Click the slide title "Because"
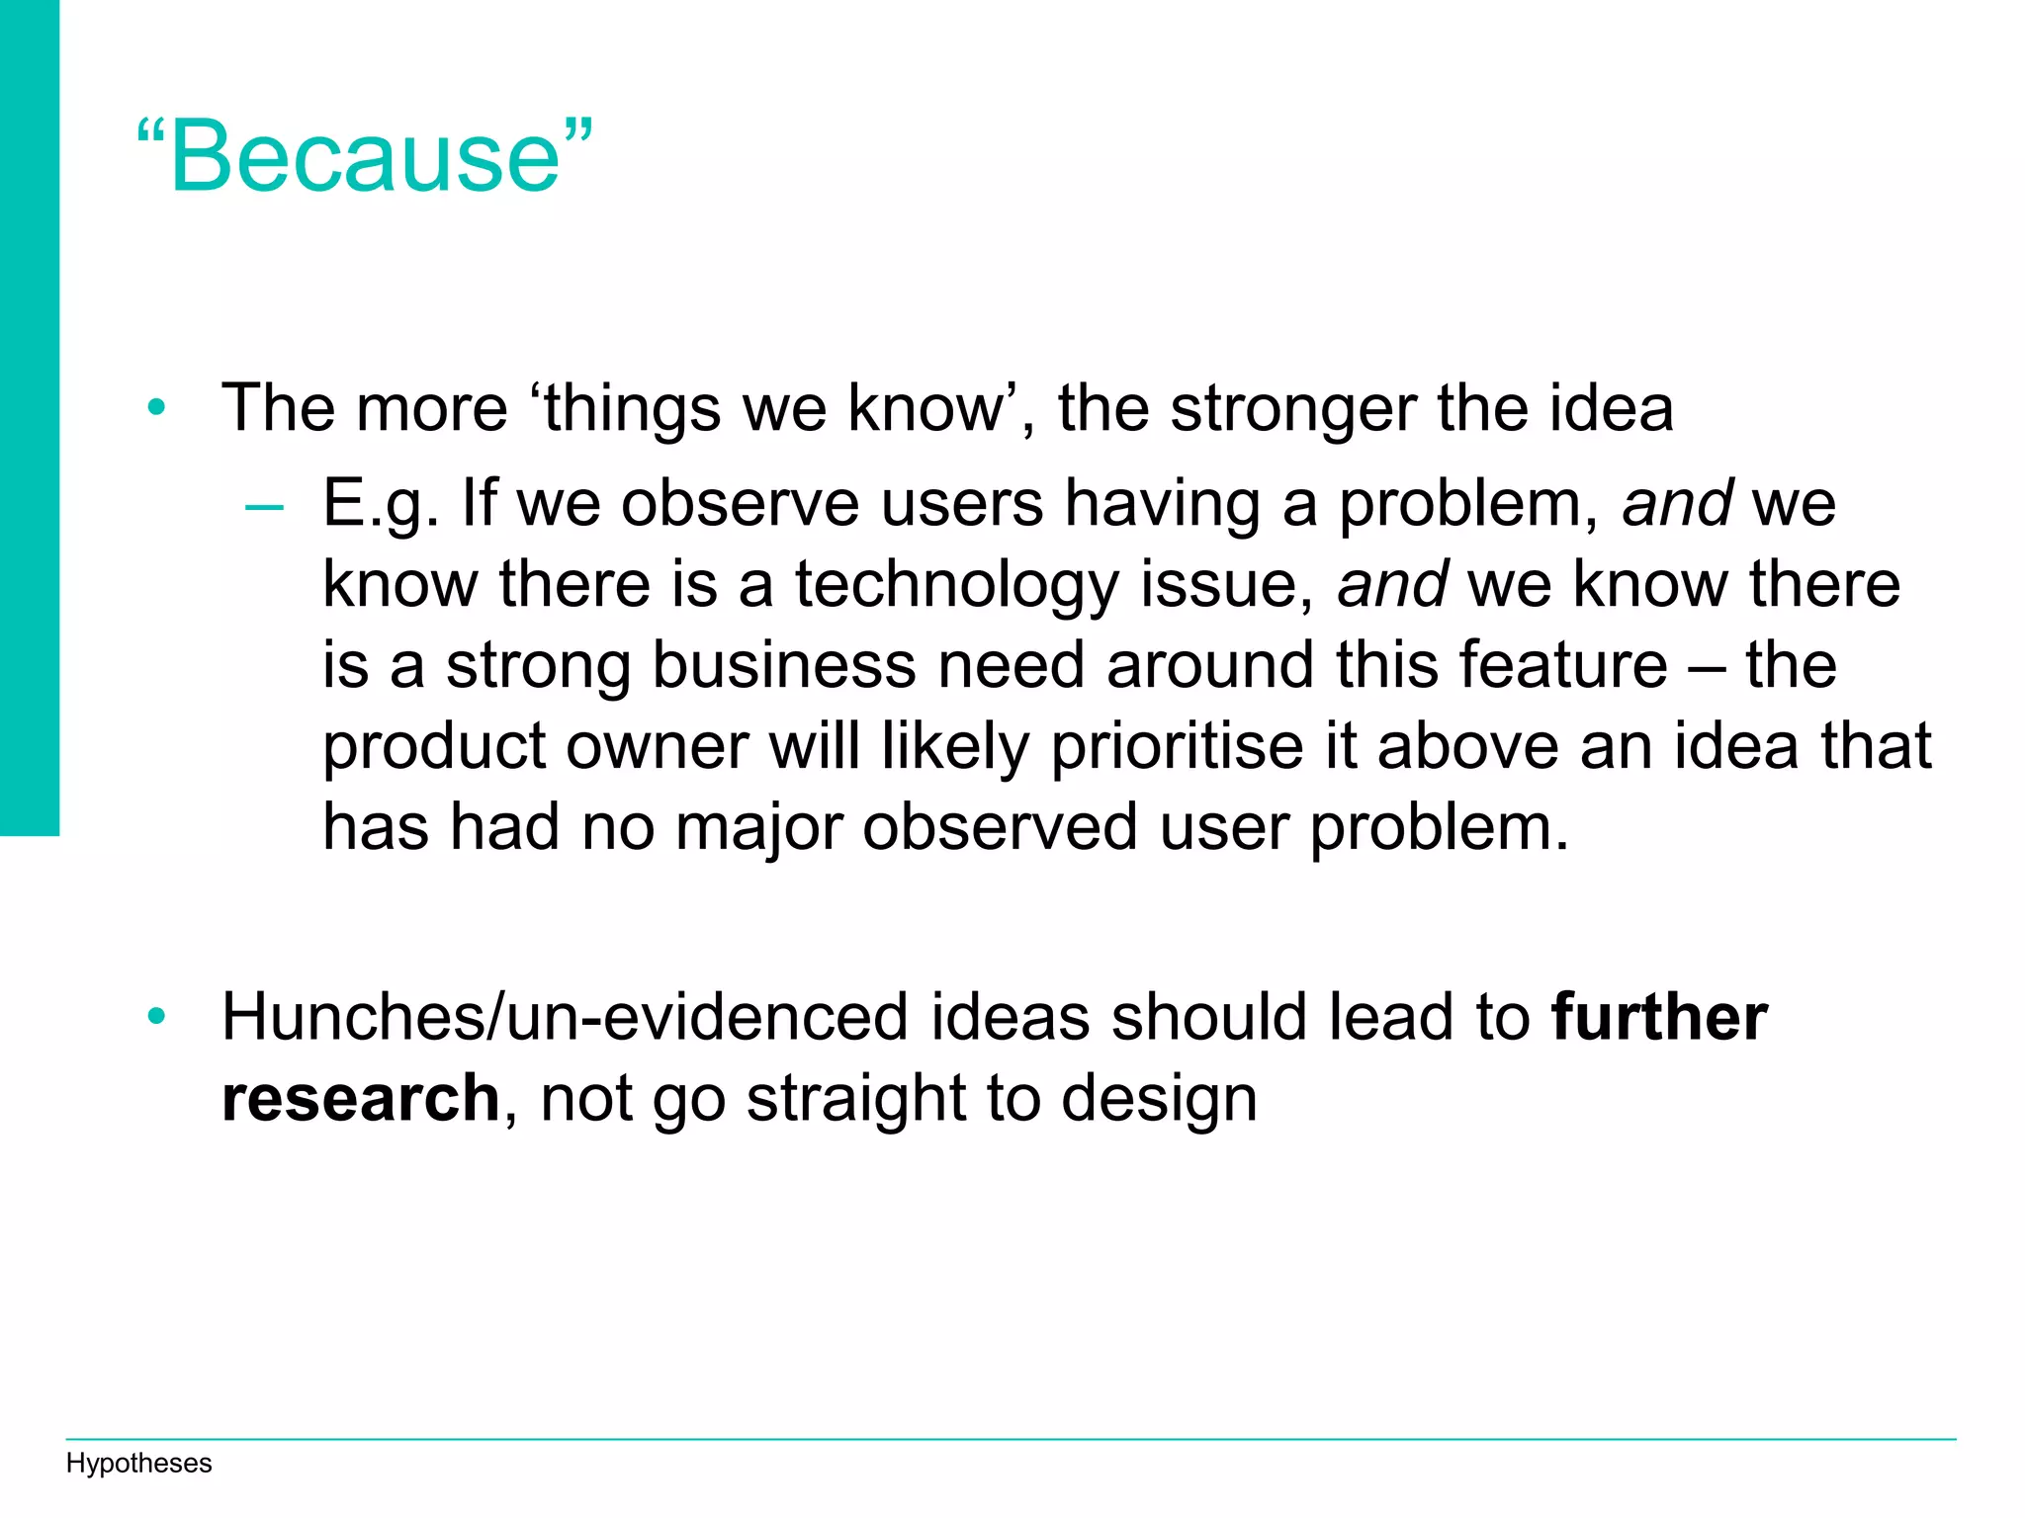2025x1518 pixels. click(x=365, y=156)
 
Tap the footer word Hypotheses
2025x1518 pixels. click(x=138, y=1464)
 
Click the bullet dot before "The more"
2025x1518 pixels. click(x=156, y=407)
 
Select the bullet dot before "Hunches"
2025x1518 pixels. click(x=156, y=1016)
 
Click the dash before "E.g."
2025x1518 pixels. click(x=264, y=507)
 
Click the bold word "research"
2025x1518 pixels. click(x=361, y=1097)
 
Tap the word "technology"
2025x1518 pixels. click(x=956, y=585)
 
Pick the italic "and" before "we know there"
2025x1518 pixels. click(x=1392, y=584)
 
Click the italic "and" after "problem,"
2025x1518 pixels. click(x=1677, y=503)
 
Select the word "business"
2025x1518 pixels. click(x=784, y=665)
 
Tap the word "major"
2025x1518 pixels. click(x=758, y=828)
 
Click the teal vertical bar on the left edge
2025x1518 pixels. click(x=29, y=415)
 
